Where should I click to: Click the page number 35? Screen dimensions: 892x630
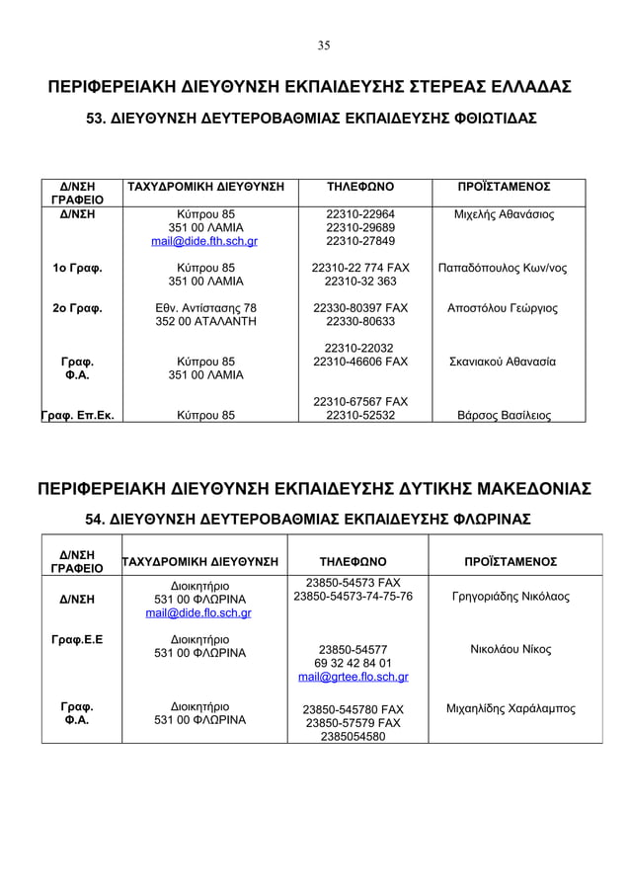click(x=324, y=45)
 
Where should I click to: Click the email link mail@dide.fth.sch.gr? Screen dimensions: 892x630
click(x=204, y=241)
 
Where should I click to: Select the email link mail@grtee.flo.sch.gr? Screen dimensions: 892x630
click(x=353, y=678)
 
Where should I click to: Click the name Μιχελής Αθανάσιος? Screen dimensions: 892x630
click(x=504, y=214)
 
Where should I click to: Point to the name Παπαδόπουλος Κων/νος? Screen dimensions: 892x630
click(x=504, y=268)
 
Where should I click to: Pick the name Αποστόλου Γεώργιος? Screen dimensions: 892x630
click(x=504, y=308)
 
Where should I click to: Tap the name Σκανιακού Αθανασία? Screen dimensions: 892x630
click(x=504, y=363)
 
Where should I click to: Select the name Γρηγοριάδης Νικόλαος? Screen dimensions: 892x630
click(x=511, y=598)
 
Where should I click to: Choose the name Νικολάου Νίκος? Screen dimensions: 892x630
click(x=511, y=650)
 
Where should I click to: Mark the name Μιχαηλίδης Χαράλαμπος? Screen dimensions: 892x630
click(x=512, y=709)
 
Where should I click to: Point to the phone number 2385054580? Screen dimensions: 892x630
click(x=353, y=736)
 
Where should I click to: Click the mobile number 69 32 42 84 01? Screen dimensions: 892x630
click(x=353, y=663)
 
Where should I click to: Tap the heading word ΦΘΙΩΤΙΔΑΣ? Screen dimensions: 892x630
click(x=485, y=119)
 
